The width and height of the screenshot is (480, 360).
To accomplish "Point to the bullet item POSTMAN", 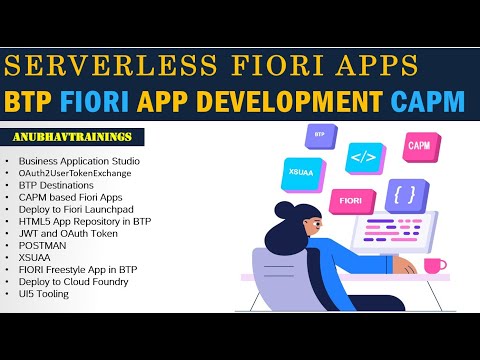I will click(x=39, y=245).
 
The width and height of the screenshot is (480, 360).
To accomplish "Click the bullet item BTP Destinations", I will click(x=58, y=185).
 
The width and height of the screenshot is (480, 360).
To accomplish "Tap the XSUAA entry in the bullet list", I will click(x=34, y=257).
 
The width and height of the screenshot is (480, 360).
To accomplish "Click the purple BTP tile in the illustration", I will click(x=320, y=133).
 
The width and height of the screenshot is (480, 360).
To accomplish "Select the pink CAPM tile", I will click(x=418, y=147).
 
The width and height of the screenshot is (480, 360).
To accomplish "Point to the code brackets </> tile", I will click(x=361, y=157).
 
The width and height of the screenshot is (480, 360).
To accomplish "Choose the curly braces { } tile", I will click(x=404, y=192).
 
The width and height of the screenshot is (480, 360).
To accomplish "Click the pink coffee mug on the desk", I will click(x=435, y=265).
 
